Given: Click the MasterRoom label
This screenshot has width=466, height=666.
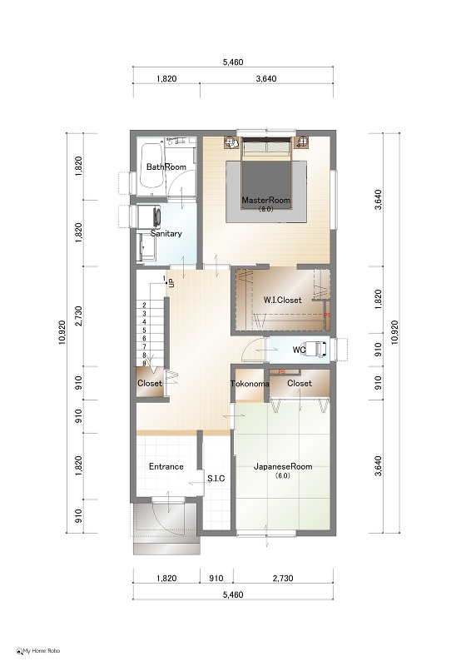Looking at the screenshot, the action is click(x=266, y=200).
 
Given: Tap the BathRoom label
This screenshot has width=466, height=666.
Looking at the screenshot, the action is click(x=166, y=167).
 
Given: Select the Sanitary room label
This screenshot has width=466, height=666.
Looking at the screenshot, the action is click(x=166, y=234).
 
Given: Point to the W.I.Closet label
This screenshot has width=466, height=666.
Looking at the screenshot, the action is click(x=282, y=300).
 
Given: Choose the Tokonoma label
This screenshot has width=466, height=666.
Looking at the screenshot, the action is click(x=250, y=384).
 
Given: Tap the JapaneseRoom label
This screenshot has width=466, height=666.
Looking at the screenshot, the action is click(x=283, y=466).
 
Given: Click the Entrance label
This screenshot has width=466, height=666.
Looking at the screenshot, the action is click(x=166, y=466).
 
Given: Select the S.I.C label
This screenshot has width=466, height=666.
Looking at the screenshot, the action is click(x=216, y=479).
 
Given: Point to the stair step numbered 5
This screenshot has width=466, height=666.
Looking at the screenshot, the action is click(x=144, y=330).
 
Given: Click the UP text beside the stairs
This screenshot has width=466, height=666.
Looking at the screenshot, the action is click(x=171, y=283).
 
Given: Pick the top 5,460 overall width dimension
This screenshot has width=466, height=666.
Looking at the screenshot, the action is click(x=233, y=62).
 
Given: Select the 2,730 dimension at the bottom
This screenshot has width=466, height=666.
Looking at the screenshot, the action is click(x=283, y=578).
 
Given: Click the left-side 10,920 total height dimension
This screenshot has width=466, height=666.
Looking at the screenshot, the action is click(x=62, y=332).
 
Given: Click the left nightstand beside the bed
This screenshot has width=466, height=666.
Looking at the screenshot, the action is click(x=231, y=142).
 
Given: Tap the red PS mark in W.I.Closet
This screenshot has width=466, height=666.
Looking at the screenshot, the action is click(x=326, y=316).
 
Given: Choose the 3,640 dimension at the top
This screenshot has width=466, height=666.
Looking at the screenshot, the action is click(x=266, y=78).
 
